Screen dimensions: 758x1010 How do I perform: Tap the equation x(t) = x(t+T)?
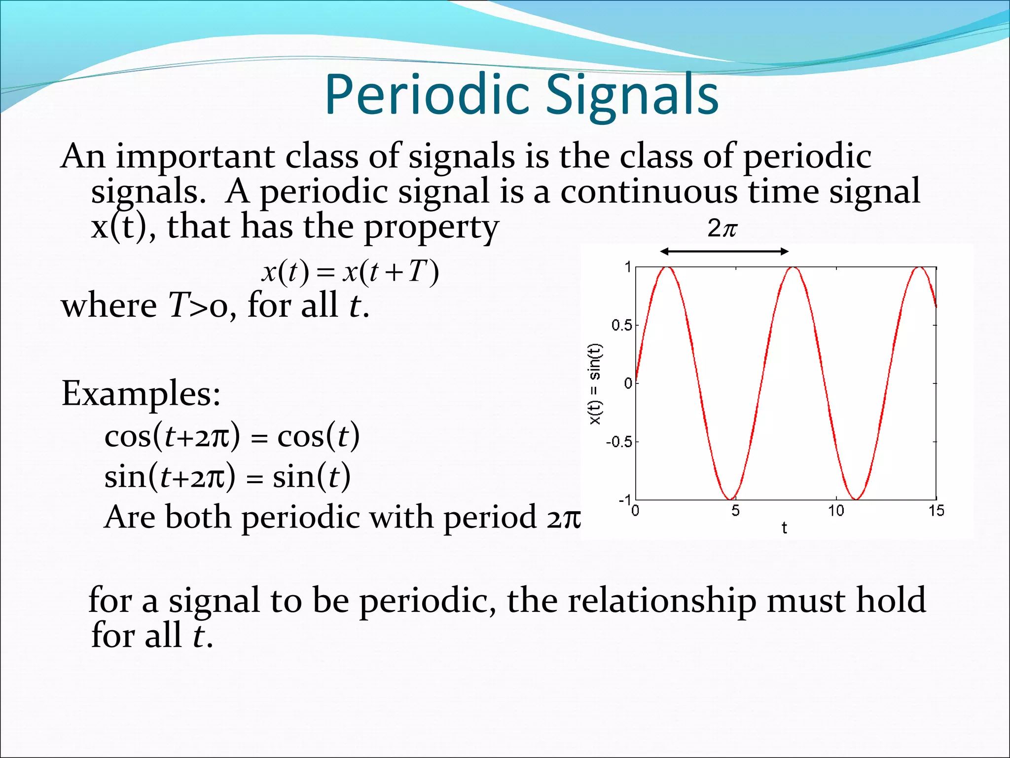(350, 272)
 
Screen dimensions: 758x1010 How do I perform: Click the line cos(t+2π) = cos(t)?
(232, 436)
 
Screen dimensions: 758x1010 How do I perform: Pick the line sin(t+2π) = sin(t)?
(227, 477)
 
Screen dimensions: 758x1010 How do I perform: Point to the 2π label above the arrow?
(722, 228)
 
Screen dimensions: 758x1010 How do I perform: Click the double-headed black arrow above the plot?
(724, 252)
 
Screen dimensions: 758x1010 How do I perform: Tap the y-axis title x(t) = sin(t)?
(595, 383)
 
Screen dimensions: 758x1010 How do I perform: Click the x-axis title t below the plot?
(784, 528)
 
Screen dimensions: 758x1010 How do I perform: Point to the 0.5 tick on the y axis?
(621, 325)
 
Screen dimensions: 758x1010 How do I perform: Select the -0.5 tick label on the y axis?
(618, 442)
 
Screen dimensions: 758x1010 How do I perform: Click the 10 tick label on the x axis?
(836, 511)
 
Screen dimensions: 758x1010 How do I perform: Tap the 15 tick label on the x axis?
(936, 511)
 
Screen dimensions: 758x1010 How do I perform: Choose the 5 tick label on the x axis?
(735, 511)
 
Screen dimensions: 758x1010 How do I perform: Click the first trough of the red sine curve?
(730, 498)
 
